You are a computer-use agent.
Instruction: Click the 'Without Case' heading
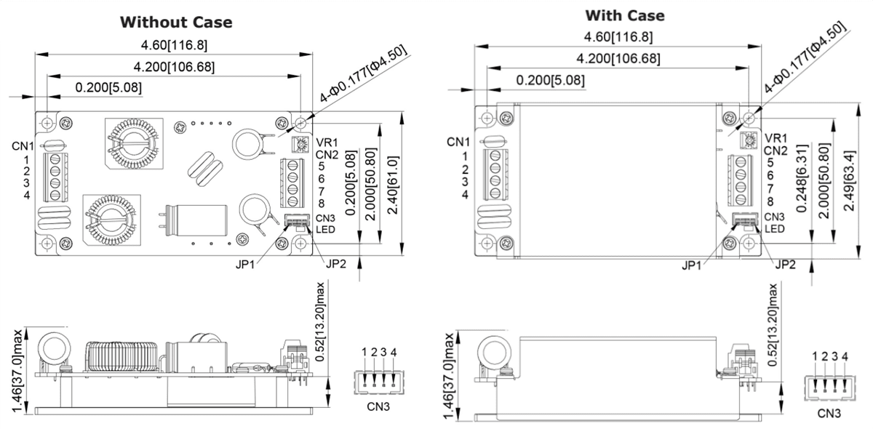click(176, 22)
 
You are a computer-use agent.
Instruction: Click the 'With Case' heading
click(624, 15)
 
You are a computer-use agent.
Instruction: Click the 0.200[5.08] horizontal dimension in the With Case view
click(550, 81)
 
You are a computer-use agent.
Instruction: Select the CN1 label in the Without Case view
click(21, 146)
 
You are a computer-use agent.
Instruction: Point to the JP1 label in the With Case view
click(693, 265)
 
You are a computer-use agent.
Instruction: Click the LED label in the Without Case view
click(324, 229)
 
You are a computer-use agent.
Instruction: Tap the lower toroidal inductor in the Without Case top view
click(109, 221)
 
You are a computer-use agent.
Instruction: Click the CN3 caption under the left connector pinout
click(378, 406)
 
